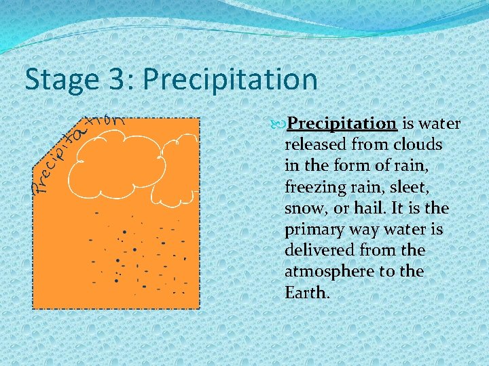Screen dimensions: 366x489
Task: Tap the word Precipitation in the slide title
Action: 230,80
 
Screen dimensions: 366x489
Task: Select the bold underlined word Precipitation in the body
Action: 342,124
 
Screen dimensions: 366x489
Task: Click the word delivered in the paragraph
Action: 321,251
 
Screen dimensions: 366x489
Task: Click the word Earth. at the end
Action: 307,293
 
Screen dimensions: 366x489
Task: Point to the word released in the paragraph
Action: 315,145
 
